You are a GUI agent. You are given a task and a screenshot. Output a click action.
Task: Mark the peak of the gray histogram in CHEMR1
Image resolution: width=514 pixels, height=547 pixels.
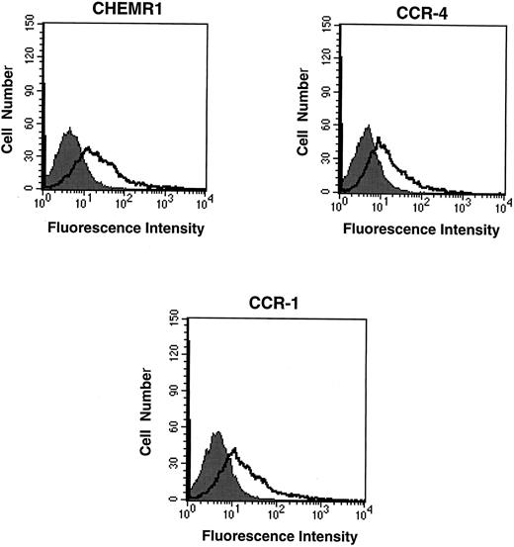click(70, 130)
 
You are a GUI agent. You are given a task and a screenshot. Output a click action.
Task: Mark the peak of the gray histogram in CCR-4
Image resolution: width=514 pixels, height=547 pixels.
click(368, 126)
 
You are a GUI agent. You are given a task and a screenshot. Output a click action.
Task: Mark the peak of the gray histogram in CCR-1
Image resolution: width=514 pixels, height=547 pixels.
click(218, 432)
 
